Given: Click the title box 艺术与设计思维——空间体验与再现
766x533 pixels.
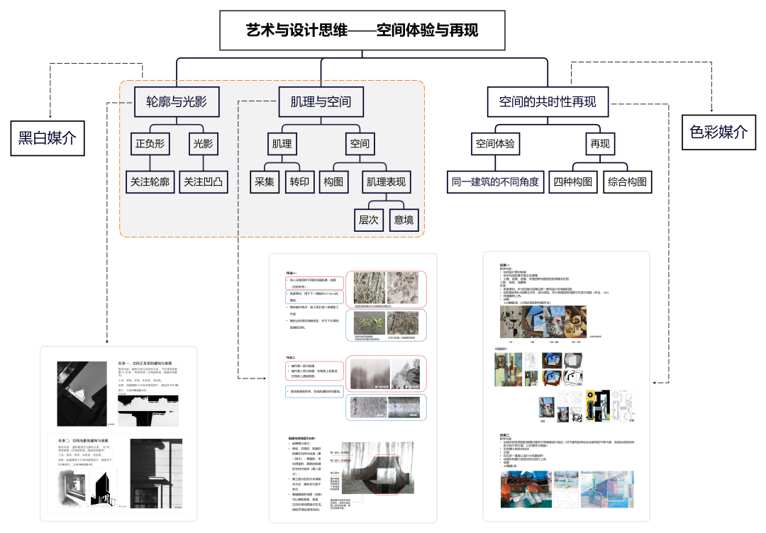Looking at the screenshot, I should click(362, 30).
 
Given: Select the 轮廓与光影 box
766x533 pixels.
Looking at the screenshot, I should click(177, 101).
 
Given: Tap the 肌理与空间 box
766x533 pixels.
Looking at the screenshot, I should click(321, 101).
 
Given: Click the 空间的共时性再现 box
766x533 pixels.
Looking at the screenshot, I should click(548, 101).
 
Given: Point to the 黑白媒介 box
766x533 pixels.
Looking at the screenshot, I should click(47, 138).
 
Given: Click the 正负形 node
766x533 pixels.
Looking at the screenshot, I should click(150, 144).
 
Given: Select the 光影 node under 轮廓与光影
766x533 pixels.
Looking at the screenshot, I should click(204, 144).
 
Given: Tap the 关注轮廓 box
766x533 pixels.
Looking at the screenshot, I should click(150, 181).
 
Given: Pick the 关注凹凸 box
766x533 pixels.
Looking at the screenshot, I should click(203, 181).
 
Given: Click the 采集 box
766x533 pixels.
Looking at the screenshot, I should click(265, 181).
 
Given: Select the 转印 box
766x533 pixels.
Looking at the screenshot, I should click(299, 181).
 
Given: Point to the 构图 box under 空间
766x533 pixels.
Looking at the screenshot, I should click(334, 181).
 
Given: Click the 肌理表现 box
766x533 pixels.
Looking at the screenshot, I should click(387, 181).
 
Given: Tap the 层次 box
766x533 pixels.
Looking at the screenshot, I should click(368, 220).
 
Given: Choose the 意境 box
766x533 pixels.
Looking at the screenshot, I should click(404, 220).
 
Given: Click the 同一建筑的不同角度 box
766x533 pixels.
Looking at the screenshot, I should click(496, 181).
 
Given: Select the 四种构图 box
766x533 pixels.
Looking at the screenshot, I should click(573, 181).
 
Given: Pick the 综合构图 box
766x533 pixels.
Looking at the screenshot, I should click(627, 181).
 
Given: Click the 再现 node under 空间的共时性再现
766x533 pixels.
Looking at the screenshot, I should click(600, 144).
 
